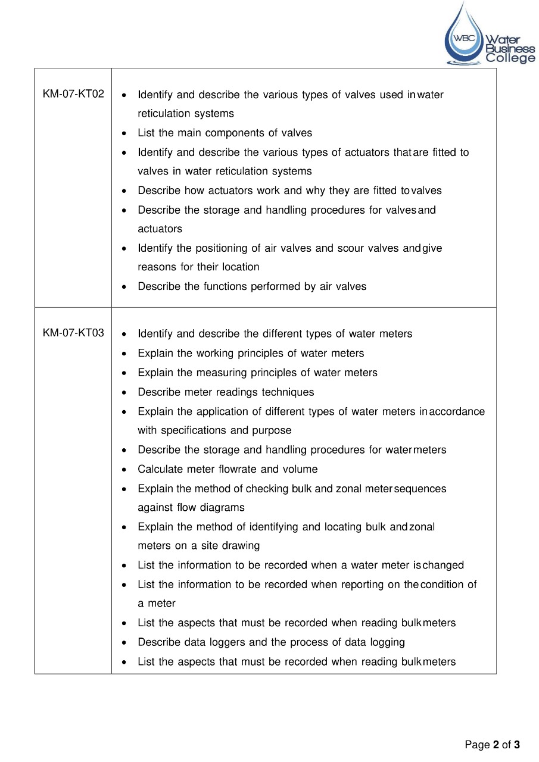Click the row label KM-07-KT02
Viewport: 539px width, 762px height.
pyautogui.click(x=73, y=94)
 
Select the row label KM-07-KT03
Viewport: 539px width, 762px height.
pyautogui.click(x=73, y=333)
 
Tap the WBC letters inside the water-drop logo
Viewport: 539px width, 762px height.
pyautogui.click(x=465, y=38)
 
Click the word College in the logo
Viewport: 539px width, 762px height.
pyautogui.click(x=510, y=58)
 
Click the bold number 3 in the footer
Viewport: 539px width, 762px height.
pyautogui.click(x=517, y=745)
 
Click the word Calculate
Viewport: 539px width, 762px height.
pyautogui.click(x=158, y=469)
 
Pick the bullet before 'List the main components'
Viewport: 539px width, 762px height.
pyautogui.click(x=123, y=133)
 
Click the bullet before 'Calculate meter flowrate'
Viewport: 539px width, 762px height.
pyautogui.click(x=123, y=470)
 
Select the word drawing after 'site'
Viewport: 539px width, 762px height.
pyautogui.click(x=241, y=546)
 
